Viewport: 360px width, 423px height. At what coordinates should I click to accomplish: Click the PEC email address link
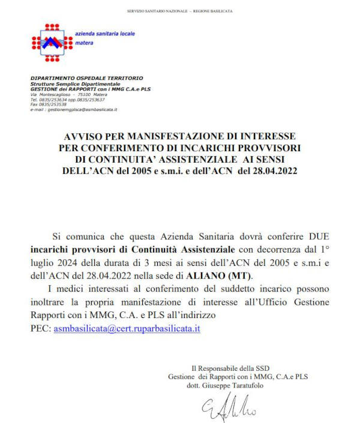(x=127, y=329)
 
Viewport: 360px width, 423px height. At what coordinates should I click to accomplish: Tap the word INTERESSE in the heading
(x=261, y=136)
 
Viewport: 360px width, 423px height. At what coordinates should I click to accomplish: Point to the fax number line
(x=49, y=104)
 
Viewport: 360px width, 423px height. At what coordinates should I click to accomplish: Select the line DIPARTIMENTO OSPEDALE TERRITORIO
(x=86, y=78)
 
